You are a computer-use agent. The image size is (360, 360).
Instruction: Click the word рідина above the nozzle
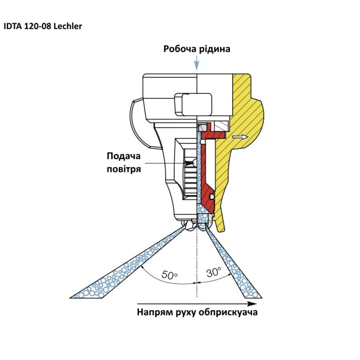[x=214, y=49]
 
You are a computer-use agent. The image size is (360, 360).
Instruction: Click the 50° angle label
[x=170, y=275]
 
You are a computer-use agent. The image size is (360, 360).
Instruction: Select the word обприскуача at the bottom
[x=228, y=312]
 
